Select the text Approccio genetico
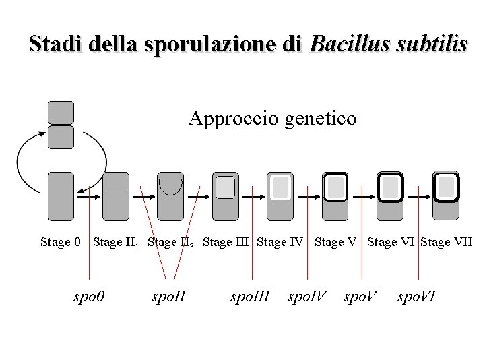(273, 119)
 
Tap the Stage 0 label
(61, 241)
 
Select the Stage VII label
(446, 241)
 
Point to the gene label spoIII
(251, 295)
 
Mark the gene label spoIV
(308, 295)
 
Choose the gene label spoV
(361, 295)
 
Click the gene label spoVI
(416, 295)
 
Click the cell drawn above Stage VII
(445, 196)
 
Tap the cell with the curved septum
(170, 196)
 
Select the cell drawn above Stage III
(225, 196)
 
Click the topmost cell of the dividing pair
(61, 113)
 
